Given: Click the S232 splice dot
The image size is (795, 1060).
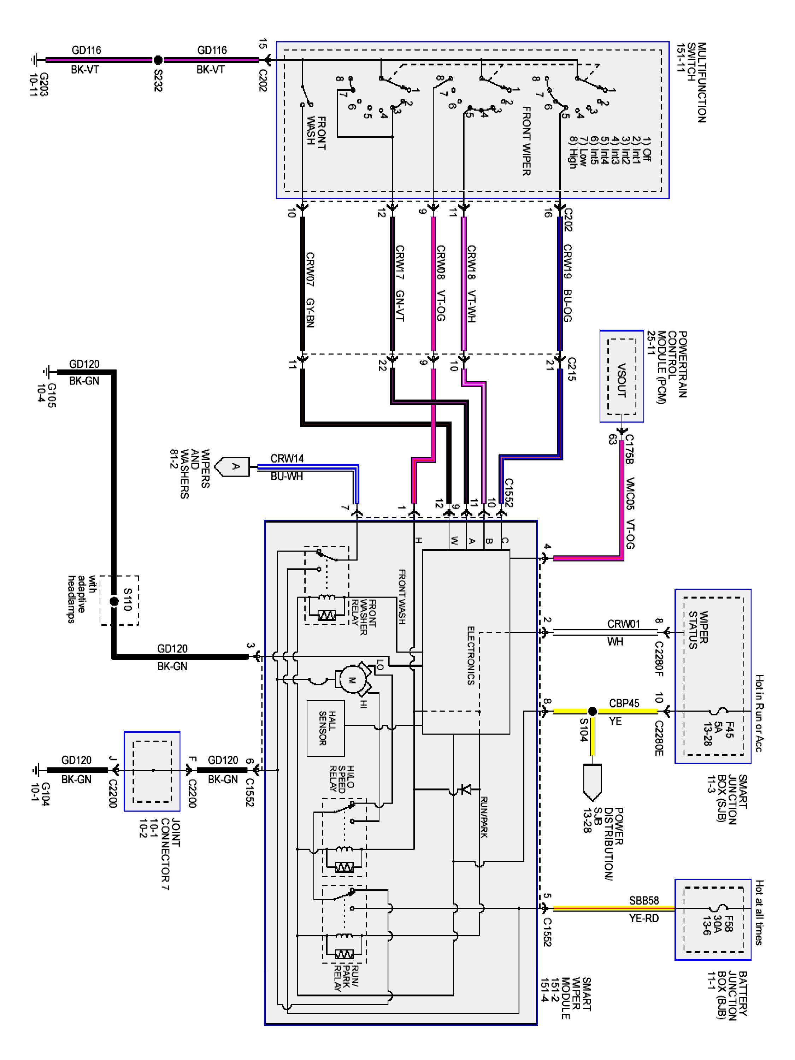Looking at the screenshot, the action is tap(158, 60).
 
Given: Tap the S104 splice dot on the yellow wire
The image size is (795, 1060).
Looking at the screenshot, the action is tap(592, 711).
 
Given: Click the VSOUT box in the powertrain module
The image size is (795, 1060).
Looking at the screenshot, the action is tap(622, 376).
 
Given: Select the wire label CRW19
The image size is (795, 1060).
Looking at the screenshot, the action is tap(567, 262).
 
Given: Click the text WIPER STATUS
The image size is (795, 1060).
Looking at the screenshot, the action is tap(698, 630).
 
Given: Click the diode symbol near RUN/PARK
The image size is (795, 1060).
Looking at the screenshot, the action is tap(464, 788).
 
